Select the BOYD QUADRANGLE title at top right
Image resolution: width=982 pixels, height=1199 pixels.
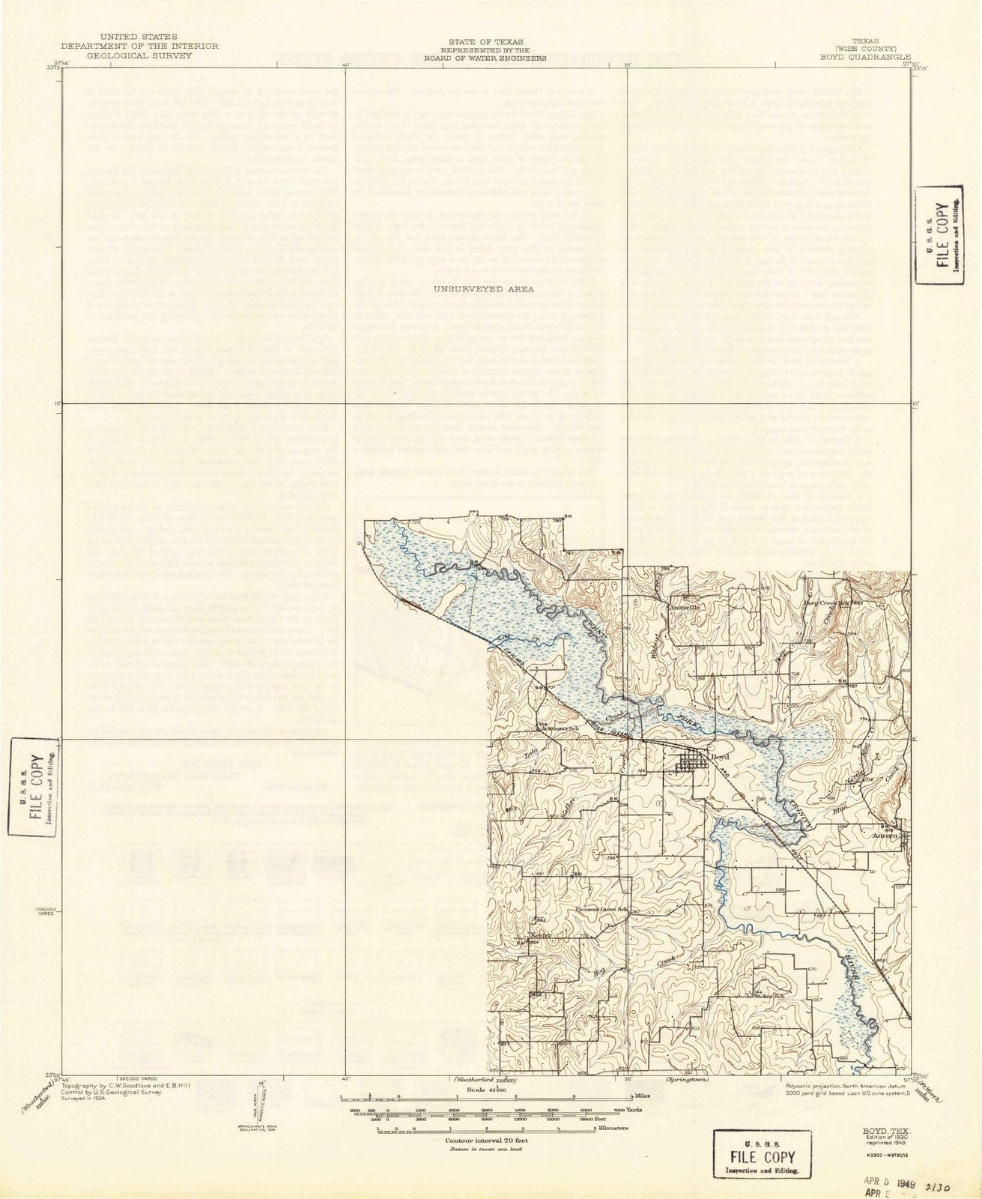click(865, 55)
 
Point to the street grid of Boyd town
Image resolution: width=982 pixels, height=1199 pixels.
click(691, 764)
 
